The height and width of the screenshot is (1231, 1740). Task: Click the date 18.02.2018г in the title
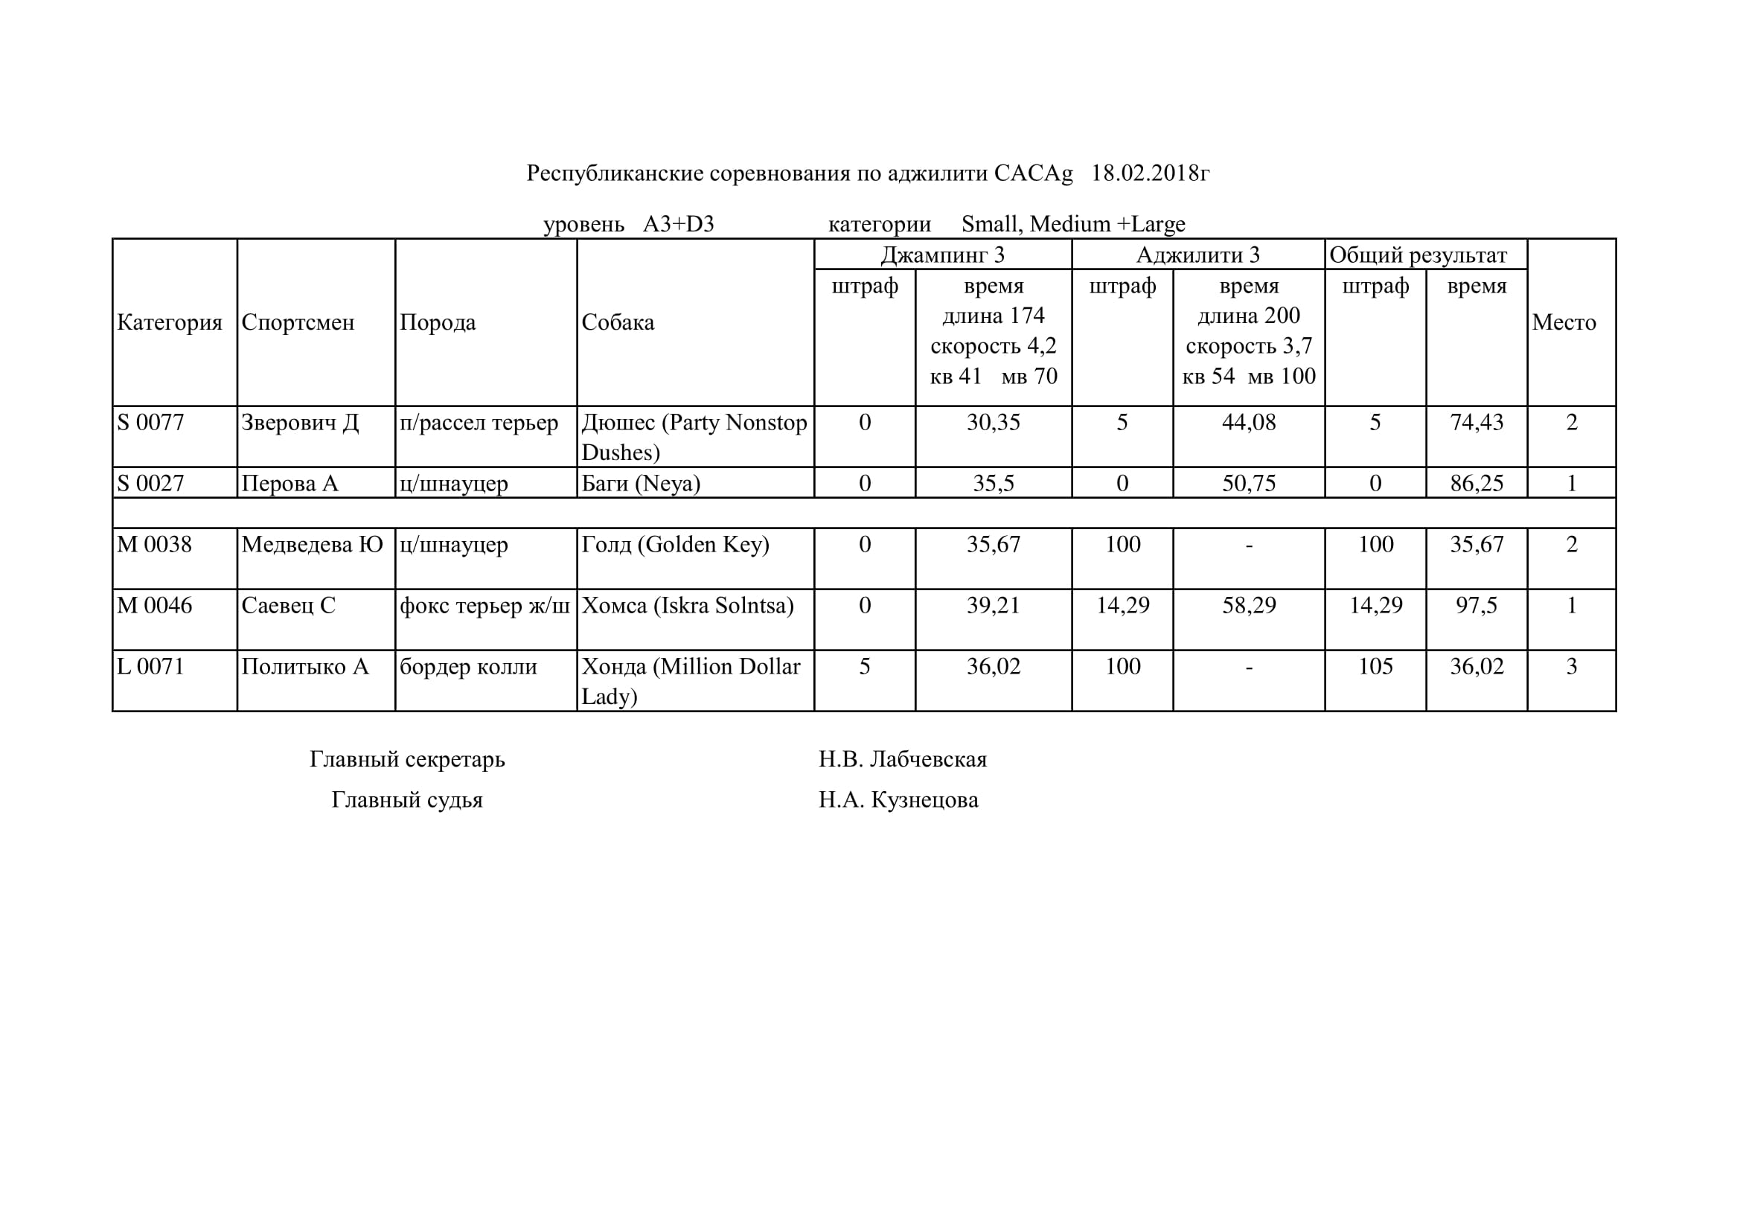(1150, 173)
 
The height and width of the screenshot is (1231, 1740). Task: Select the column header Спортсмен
(298, 322)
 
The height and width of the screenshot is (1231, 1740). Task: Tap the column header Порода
(438, 322)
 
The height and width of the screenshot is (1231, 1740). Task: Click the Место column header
(1564, 322)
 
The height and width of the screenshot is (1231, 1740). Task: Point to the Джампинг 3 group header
(942, 255)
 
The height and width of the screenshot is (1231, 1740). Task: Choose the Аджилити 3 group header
(1197, 255)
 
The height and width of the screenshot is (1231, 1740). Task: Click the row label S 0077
(151, 422)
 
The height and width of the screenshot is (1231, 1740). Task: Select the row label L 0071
(151, 666)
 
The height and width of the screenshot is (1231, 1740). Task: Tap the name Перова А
(290, 484)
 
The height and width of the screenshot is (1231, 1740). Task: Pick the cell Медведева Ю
(313, 544)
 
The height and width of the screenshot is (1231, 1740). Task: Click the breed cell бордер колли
(468, 666)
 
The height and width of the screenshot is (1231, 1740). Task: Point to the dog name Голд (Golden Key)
(675, 544)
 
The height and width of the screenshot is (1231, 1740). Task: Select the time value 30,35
(993, 422)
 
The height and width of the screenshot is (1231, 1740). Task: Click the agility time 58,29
(1248, 605)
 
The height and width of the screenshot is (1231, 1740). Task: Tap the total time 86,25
(1477, 484)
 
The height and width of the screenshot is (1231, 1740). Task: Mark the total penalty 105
(1375, 666)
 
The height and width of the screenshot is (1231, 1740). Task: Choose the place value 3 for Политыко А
(1571, 666)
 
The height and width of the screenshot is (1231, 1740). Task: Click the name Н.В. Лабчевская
(903, 758)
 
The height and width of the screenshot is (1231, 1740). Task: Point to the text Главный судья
(407, 799)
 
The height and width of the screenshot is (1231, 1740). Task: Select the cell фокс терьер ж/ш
(484, 605)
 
